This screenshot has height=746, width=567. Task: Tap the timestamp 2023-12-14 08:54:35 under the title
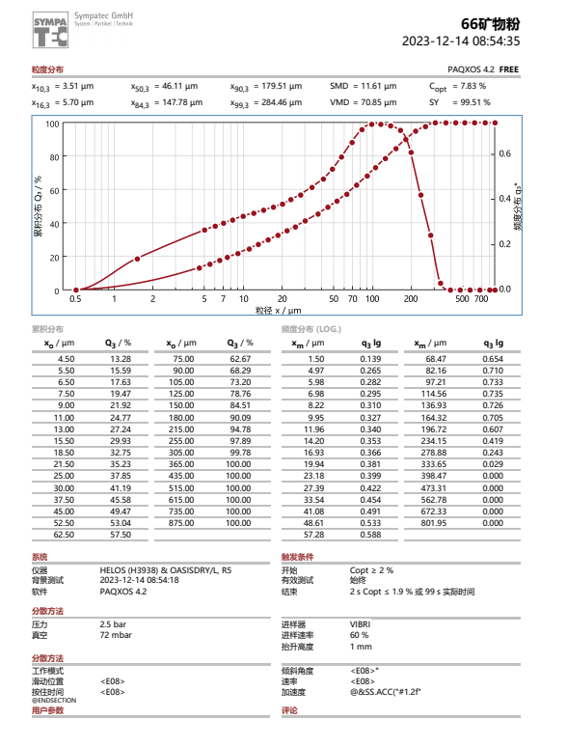[x=461, y=41]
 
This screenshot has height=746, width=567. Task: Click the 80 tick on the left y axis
[x=54, y=157]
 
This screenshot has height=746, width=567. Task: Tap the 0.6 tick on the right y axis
[x=504, y=154]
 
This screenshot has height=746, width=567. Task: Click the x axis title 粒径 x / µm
[x=279, y=311]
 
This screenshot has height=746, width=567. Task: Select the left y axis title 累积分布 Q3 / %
[x=40, y=206]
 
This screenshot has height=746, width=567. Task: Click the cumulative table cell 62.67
[x=239, y=358]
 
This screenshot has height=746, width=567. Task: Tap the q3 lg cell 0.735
[x=493, y=394]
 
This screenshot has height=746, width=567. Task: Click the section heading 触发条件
[x=296, y=557]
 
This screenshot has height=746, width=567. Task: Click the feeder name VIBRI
[x=361, y=624]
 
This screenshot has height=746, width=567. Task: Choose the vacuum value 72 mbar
[x=116, y=635]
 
